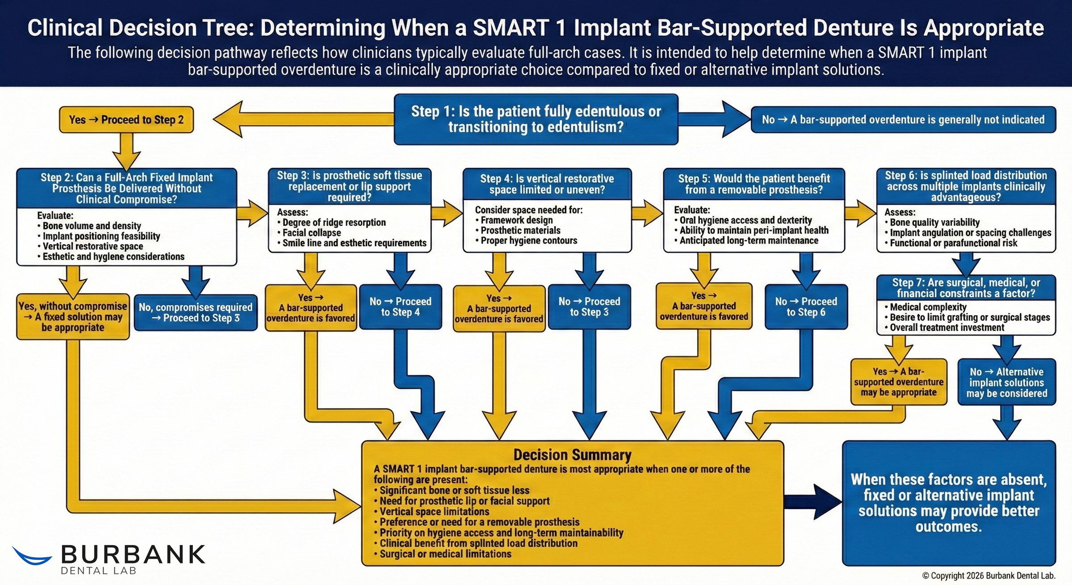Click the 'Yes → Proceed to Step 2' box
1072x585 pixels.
126,120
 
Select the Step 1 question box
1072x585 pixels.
536,119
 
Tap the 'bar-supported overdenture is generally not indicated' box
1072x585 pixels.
903,120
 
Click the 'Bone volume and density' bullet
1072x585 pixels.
92,226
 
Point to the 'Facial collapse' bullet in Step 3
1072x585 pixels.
311,233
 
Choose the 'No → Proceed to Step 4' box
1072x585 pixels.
400,307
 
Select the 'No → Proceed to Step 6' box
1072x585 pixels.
806,307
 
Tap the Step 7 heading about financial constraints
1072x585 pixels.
966,288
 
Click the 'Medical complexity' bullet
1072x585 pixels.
928,307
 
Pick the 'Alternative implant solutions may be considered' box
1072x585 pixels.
1006,383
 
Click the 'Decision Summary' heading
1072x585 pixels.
572,455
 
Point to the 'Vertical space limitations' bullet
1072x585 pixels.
434,512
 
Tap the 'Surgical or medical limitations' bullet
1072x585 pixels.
445,554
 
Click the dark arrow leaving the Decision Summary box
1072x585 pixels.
813,501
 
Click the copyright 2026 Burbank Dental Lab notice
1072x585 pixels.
988,576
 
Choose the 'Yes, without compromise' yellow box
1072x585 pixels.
73,317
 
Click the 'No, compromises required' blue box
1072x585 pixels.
195,312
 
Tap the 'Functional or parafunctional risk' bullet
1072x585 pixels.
953,243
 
